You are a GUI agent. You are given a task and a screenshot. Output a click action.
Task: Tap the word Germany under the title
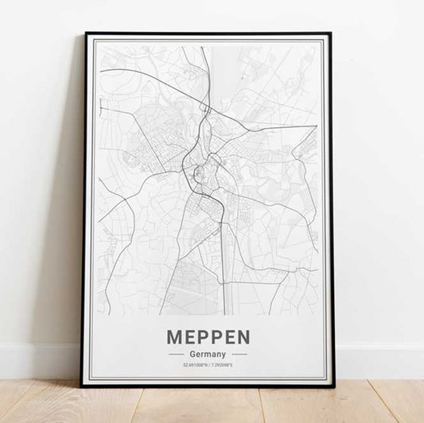point(208,354)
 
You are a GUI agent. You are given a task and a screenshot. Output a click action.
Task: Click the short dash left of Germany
point(177,354)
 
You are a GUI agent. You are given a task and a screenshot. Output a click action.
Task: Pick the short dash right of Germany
point(239,354)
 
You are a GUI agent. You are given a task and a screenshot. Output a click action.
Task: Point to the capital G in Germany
point(194,354)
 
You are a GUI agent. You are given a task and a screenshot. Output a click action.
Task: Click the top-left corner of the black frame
point(85,33)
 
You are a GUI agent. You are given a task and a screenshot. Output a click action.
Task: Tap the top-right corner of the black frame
point(331,33)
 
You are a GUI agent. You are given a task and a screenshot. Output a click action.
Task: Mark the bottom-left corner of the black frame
point(81,386)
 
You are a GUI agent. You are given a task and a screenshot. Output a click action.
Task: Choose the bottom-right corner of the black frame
point(334,386)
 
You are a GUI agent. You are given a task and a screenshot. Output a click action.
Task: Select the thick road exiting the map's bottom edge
point(223,312)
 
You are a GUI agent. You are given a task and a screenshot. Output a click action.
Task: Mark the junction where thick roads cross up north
point(205,107)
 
